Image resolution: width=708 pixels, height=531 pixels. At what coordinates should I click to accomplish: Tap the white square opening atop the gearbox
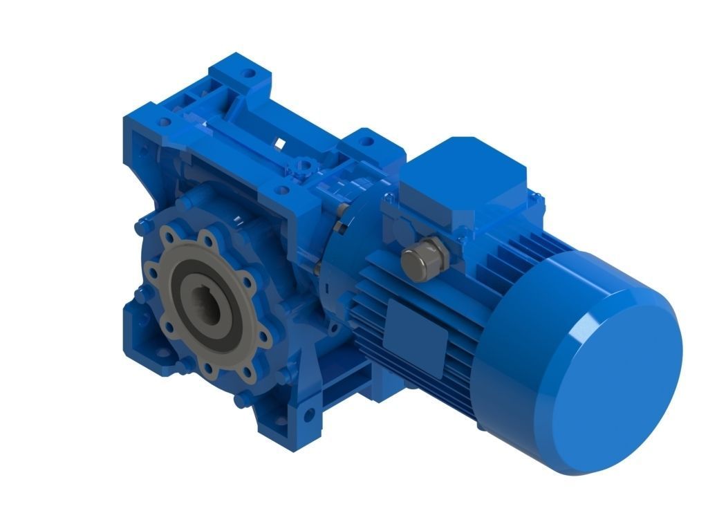[281, 144]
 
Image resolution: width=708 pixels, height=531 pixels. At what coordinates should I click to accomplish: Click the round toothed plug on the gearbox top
[302, 166]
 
